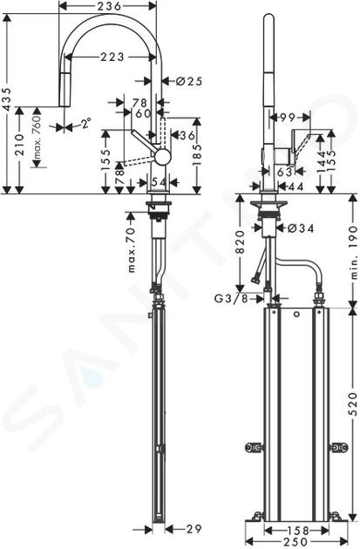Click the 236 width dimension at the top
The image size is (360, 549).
pos(108,6)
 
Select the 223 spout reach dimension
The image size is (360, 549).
pos(112,57)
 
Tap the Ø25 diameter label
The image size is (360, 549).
pos(189,81)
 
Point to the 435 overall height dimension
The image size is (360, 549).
pos(8,99)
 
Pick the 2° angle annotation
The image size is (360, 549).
pos(85,124)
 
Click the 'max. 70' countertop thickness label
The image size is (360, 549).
pos(131,250)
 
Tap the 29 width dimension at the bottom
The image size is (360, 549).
pos(193,528)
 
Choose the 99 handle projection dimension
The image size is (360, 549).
pos(287,118)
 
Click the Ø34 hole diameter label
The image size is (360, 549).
pos(301,228)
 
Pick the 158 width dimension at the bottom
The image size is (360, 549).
pos(297,530)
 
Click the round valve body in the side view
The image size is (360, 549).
pos(163,157)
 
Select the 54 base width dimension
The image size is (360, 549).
pos(158,182)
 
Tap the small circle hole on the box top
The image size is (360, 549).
pos(297,315)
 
